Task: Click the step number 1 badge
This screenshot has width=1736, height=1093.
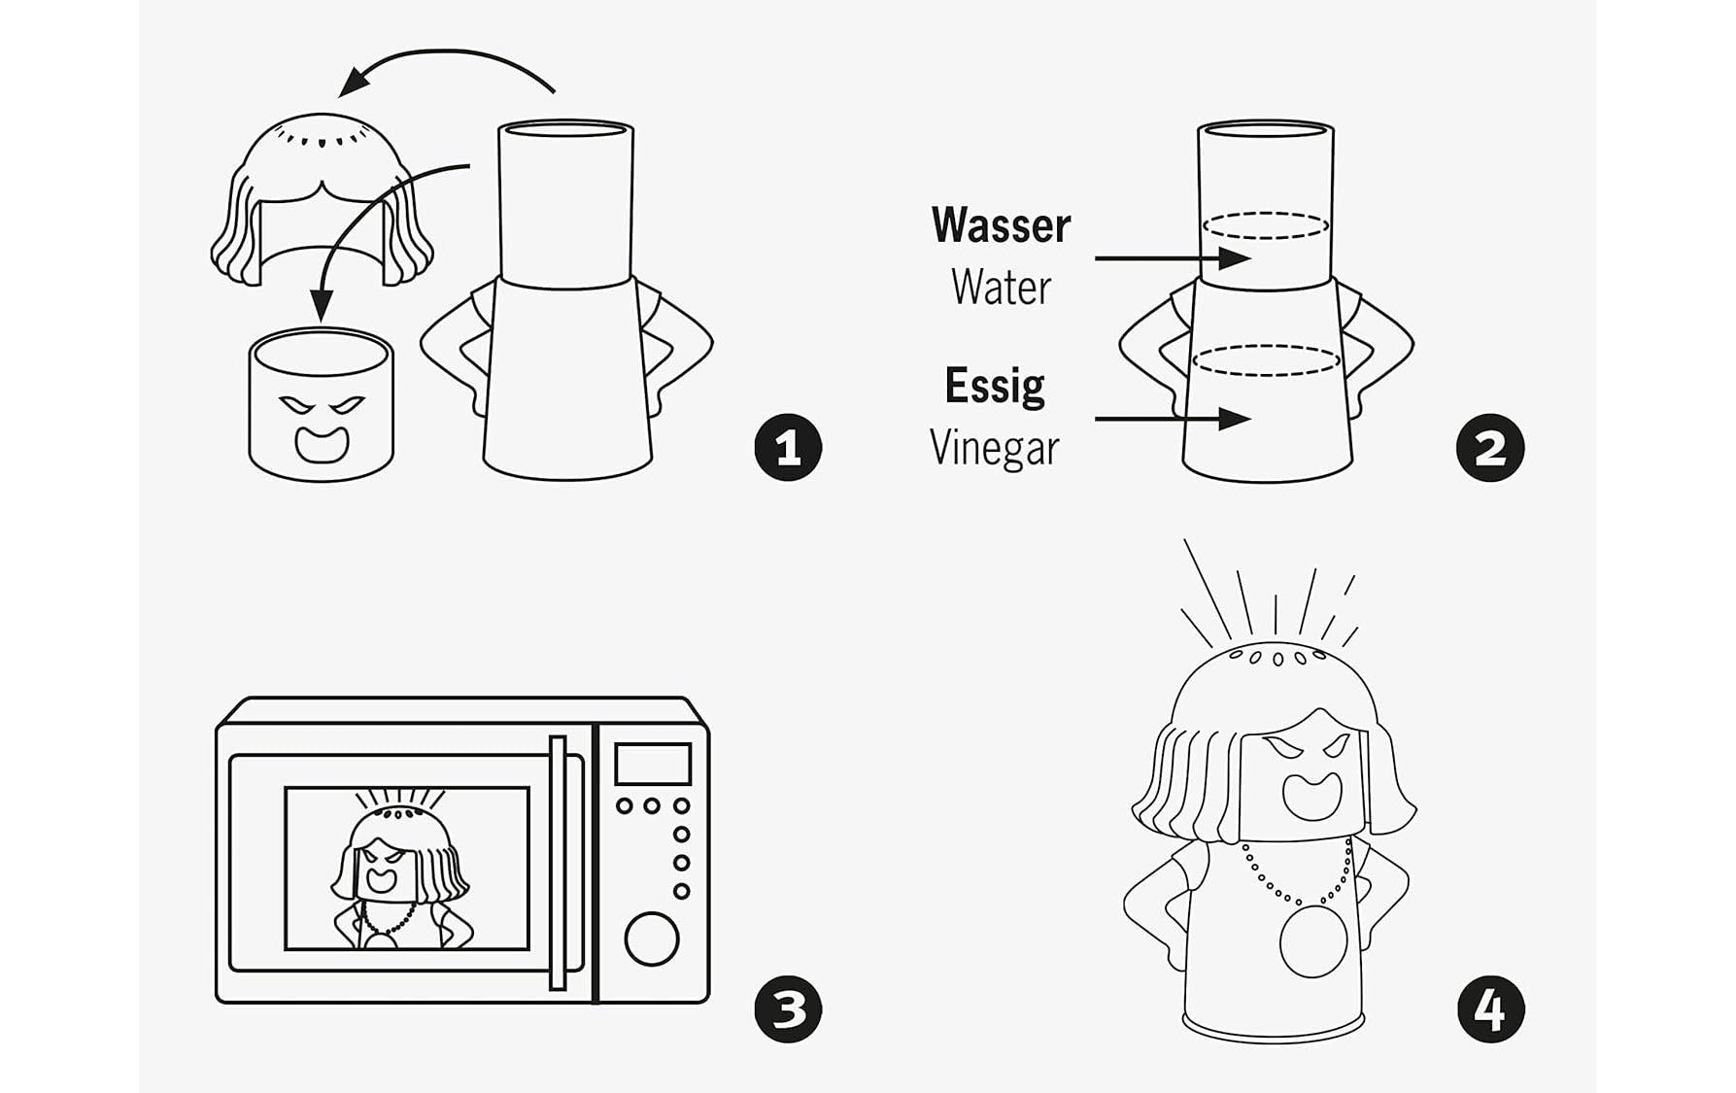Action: [788, 448]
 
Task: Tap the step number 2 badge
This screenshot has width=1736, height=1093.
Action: [1490, 448]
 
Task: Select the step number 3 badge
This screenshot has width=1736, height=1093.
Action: [788, 1008]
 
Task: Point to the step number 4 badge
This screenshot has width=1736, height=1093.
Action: [1490, 1008]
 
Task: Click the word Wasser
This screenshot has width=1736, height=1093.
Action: [1001, 225]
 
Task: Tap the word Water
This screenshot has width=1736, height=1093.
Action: [1001, 288]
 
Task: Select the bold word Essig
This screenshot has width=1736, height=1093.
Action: [995, 386]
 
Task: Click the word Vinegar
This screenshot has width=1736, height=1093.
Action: [994, 448]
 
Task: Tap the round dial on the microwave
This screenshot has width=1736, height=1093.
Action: [651, 939]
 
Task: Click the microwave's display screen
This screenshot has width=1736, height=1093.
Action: [653, 764]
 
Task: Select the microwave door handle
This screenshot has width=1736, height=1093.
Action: [558, 863]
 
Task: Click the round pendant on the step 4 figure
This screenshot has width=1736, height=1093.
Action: [1312, 940]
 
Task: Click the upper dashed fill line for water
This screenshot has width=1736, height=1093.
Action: [1265, 225]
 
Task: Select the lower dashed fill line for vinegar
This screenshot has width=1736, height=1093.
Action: [1265, 359]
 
